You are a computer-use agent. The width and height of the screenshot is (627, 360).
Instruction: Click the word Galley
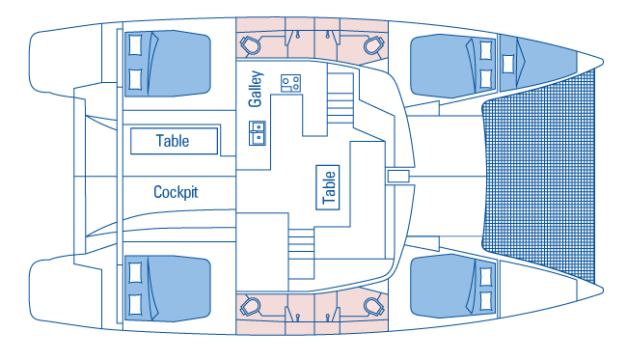(255, 89)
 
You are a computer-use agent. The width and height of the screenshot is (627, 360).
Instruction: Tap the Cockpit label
(176, 192)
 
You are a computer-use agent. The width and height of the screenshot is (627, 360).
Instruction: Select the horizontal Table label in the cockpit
(173, 141)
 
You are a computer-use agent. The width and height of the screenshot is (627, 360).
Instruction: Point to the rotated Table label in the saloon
(328, 187)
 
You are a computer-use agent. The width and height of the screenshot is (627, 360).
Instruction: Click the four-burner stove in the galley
(290, 83)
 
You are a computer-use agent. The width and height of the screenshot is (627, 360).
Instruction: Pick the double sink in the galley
(258, 133)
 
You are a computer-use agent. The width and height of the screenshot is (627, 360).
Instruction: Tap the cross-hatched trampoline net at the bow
(539, 176)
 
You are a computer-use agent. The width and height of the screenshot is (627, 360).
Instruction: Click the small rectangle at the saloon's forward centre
(398, 176)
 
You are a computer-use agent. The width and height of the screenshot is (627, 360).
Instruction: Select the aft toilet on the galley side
(250, 44)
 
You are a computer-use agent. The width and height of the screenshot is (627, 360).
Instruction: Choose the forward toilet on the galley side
(374, 44)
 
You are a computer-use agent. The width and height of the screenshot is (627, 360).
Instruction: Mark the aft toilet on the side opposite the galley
(250, 307)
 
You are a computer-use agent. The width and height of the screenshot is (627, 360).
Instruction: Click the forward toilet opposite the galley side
(374, 307)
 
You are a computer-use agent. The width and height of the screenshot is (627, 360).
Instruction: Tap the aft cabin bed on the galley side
(168, 64)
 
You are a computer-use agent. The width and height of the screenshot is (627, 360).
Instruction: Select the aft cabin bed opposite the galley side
(168, 288)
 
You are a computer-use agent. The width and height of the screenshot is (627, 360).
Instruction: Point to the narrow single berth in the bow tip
(538, 62)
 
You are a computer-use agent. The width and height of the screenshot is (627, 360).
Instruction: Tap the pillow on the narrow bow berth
(507, 64)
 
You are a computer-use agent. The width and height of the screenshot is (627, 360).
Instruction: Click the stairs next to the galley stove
(341, 98)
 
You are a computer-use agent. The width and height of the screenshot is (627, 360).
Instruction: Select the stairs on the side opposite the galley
(301, 254)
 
